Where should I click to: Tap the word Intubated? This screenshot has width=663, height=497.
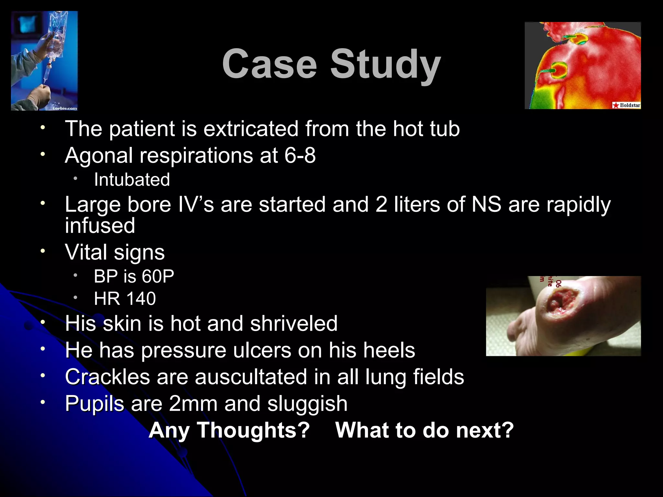[132, 180]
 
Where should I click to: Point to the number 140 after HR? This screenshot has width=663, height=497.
[141, 298]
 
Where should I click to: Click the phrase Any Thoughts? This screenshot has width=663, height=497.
[229, 430]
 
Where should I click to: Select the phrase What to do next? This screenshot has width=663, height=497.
[424, 430]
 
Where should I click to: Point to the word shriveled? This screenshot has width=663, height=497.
[294, 324]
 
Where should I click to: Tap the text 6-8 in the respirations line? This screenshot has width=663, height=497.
[300, 155]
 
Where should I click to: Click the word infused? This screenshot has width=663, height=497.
[100, 226]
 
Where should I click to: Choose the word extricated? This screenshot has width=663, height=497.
[251, 129]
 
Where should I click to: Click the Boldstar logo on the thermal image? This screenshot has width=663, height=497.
[626, 105]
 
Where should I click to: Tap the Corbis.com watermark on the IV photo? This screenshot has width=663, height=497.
[65, 108]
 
